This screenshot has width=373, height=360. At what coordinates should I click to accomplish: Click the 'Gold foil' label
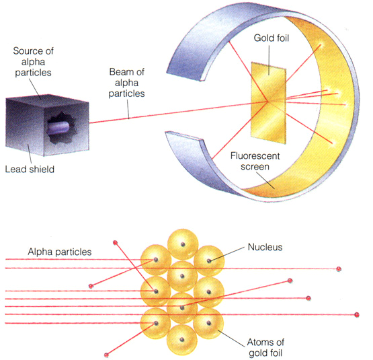(272, 38)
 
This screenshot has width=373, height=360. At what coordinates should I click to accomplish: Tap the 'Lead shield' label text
(30, 169)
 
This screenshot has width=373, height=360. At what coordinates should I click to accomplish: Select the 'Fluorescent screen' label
(255, 161)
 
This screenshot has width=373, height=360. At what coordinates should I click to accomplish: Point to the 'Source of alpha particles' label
(33, 62)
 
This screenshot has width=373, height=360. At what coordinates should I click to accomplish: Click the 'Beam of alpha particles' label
(126, 83)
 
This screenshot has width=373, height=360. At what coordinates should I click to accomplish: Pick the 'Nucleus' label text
(265, 247)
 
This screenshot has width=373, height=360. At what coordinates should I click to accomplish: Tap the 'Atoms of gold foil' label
(265, 348)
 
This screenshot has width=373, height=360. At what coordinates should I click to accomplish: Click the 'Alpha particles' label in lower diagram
(59, 252)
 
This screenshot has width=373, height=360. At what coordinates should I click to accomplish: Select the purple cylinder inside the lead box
(58, 128)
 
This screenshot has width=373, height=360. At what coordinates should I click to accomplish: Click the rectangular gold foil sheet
(269, 103)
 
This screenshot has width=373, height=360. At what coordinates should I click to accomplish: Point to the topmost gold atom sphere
(183, 244)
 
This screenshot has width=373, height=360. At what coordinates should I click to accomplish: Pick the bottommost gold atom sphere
(182, 340)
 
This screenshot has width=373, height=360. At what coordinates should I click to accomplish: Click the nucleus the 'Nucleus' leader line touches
(209, 260)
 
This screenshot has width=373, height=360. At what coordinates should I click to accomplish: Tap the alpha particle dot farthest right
(357, 315)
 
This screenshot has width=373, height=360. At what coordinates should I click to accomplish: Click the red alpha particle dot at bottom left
(106, 355)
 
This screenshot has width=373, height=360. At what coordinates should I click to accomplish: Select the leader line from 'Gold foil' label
(270, 60)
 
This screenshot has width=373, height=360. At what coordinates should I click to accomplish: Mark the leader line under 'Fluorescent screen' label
(265, 180)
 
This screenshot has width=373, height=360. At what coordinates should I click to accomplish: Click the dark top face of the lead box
(48, 99)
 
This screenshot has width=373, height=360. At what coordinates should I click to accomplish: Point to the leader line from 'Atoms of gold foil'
(231, 338)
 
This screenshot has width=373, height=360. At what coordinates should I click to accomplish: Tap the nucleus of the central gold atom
(182, 276)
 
